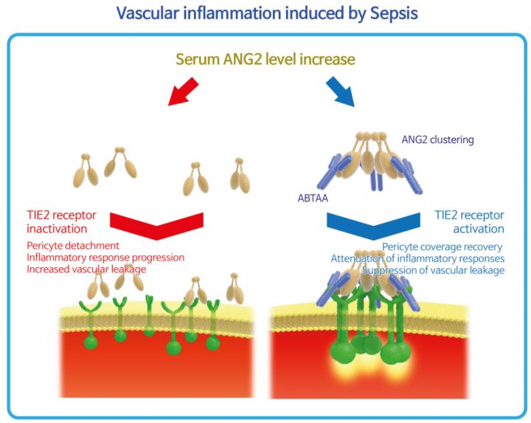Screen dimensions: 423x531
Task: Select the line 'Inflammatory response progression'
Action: click(x=105, y=258)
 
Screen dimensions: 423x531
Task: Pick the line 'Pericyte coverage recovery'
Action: click(x=443, y=246)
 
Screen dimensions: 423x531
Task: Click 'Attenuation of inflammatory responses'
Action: click(x=417, y=258)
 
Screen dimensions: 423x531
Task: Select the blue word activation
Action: click(x=478, y=229)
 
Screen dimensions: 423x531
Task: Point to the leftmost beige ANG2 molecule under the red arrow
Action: click(x=86, y=172)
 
